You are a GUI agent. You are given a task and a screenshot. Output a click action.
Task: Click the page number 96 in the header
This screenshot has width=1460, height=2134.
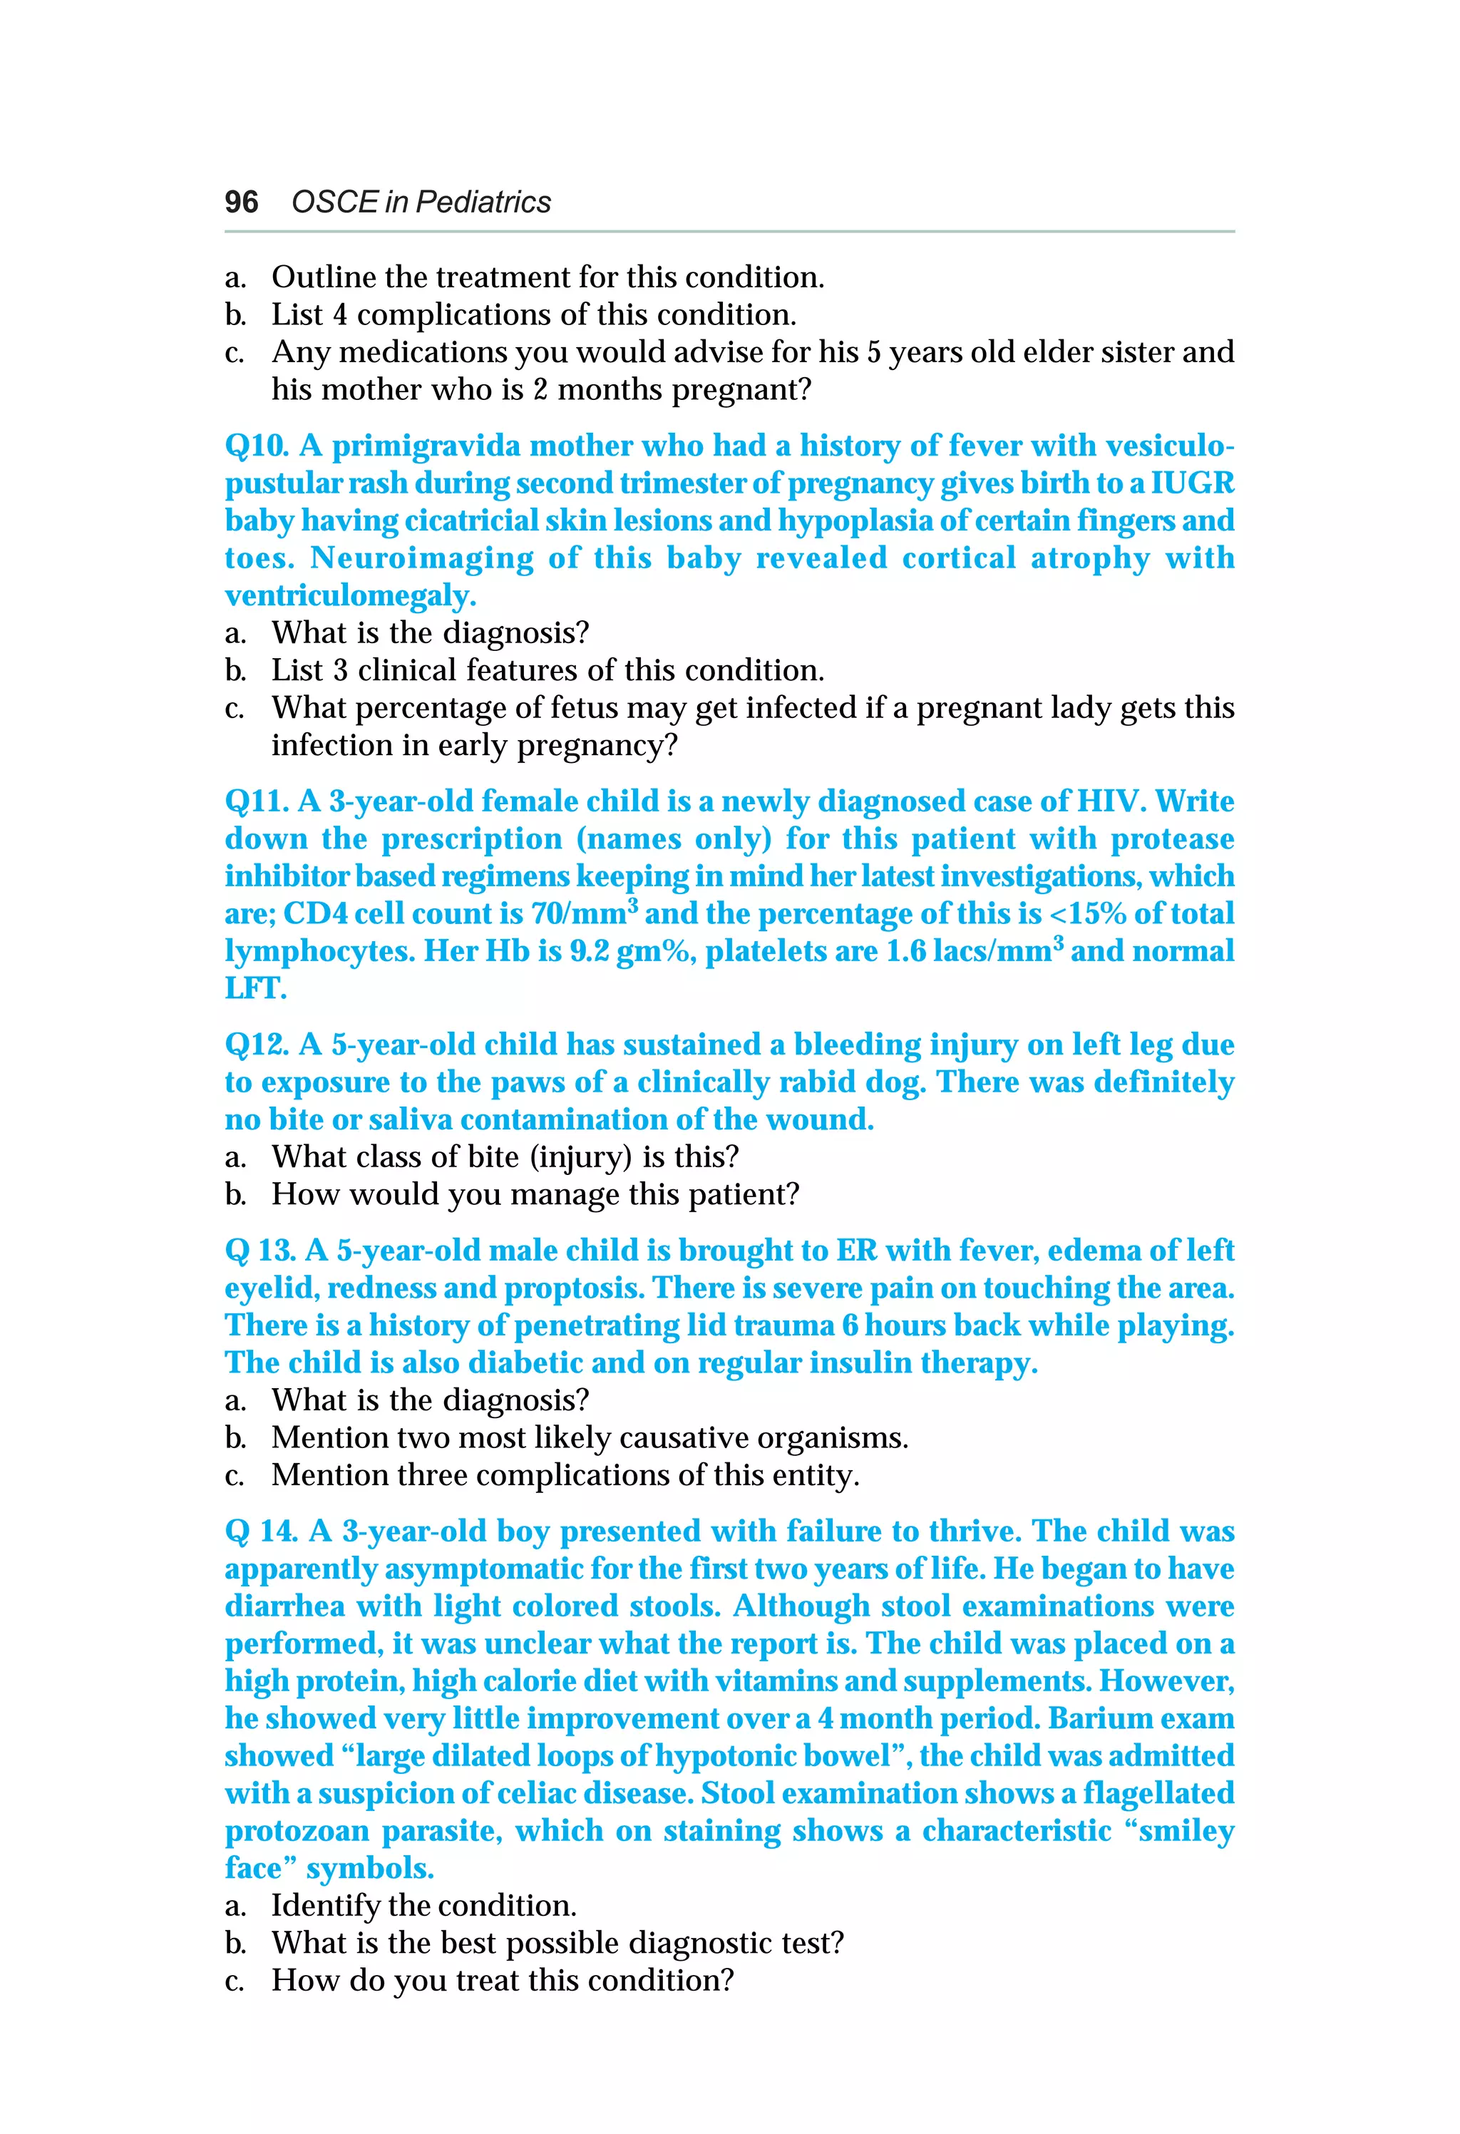point(242,202)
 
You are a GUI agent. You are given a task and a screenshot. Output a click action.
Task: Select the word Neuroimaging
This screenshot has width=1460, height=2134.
point(421,558)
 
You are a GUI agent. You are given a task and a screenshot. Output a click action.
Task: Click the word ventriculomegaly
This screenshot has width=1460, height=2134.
point(350,596)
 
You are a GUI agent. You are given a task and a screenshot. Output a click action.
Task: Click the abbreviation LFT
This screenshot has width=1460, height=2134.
point(255,989)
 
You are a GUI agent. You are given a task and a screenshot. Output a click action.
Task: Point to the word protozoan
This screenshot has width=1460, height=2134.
point(297,1831)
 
